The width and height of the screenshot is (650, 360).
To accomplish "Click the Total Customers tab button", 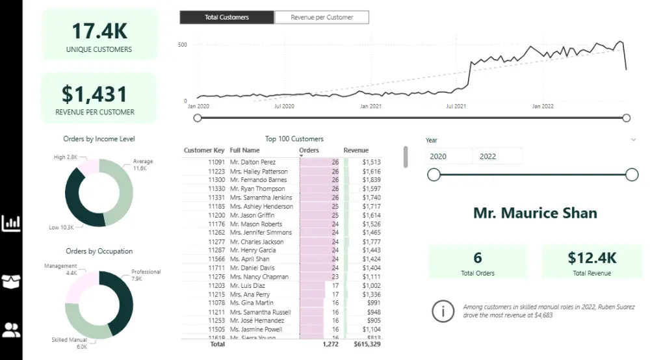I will click(x=227, y=18).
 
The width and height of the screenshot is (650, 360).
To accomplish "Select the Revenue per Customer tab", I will click(x=322, y=18).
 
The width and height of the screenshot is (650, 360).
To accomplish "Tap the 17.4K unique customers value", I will click(x=99, y=31).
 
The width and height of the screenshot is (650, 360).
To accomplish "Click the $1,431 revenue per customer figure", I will click(x=95, y=94).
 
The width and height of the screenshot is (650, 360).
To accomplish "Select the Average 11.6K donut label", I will click(x=143, y=164).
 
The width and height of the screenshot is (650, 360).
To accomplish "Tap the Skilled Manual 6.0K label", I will click(x=69, y=343).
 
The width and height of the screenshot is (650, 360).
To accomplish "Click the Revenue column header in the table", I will click(x=356, y=151).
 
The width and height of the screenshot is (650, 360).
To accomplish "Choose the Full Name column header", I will click(x=244, y=151).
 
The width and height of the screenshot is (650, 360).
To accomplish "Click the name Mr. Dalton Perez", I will click(x=253, y=162).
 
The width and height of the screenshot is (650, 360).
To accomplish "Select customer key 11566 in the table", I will click(x=216, y=259).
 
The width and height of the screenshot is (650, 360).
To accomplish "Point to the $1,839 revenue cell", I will click(x=371, y=180).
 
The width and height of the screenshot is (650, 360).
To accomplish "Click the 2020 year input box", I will click(x=448, y=157).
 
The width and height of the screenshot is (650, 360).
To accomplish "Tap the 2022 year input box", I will click(x=499, y=157).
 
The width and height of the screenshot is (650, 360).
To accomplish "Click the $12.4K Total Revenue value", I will click(x=591, y=257).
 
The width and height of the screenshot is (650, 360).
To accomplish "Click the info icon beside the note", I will click(x=443, y=311).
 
